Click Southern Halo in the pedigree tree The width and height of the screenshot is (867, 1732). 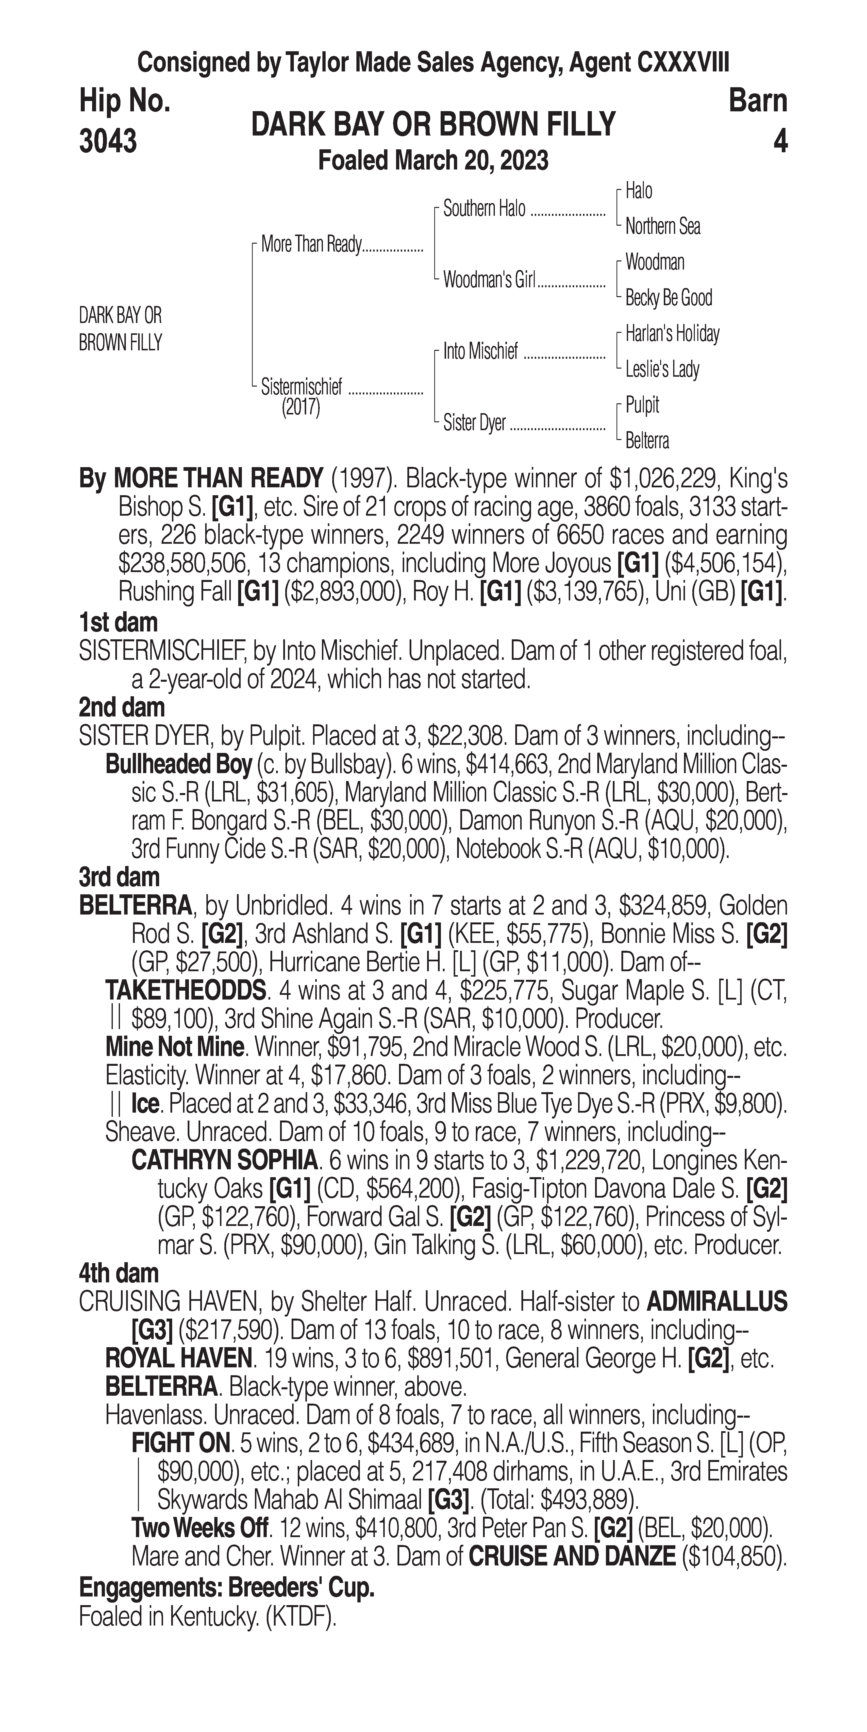(484, 209)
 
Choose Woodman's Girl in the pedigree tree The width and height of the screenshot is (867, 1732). (489, 280)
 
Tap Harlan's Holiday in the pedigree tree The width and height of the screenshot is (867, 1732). (672, 334)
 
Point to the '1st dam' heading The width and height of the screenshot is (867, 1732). (118, 623)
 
